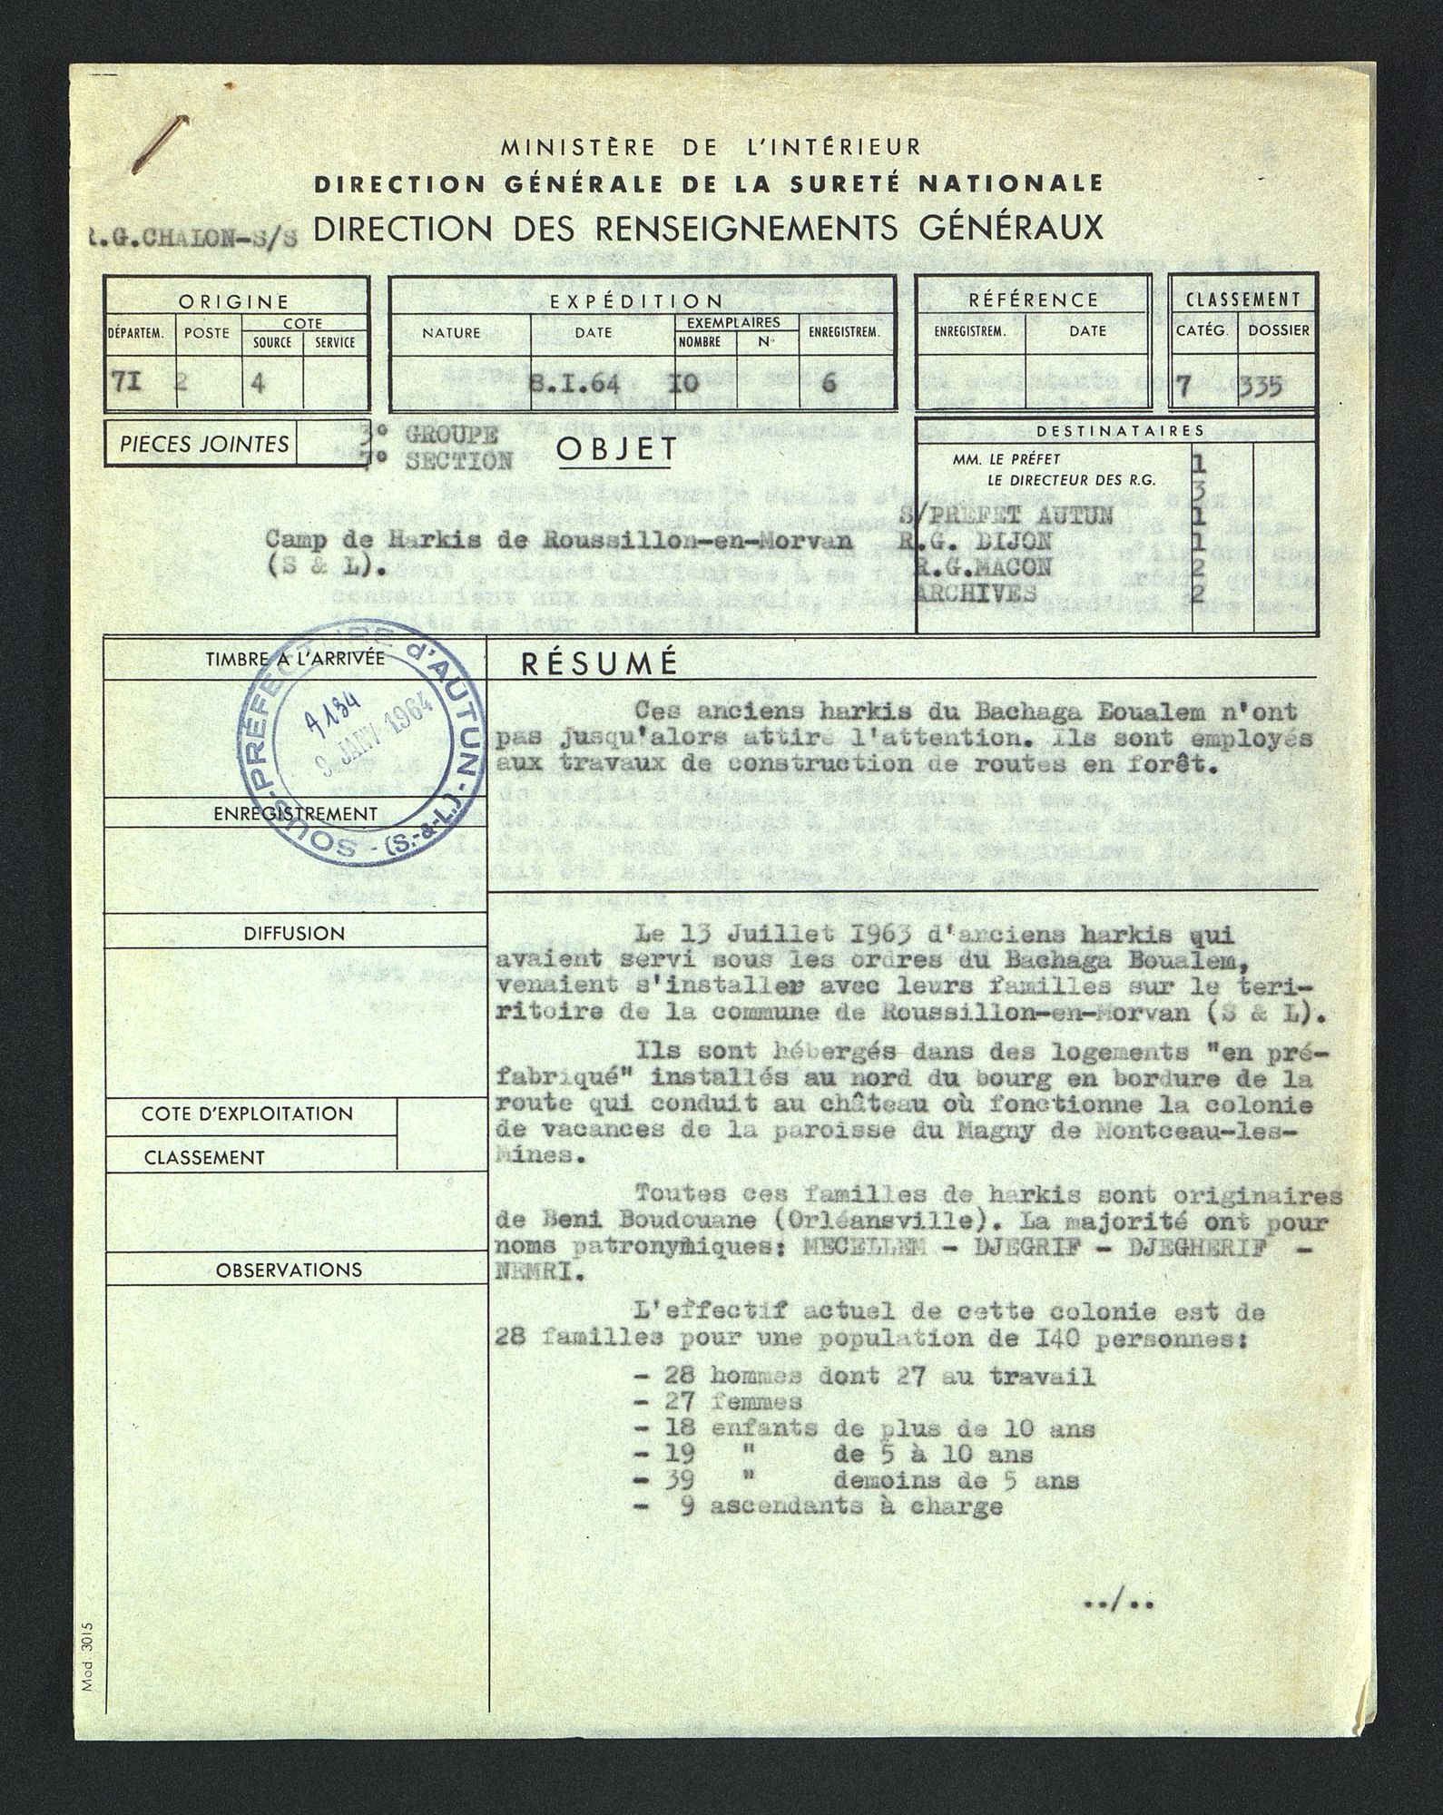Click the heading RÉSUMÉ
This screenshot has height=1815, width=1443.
[599, 663]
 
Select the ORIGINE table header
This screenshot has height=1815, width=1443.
[233, 301]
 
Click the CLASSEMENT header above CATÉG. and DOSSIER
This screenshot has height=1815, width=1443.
[1242, 299]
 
